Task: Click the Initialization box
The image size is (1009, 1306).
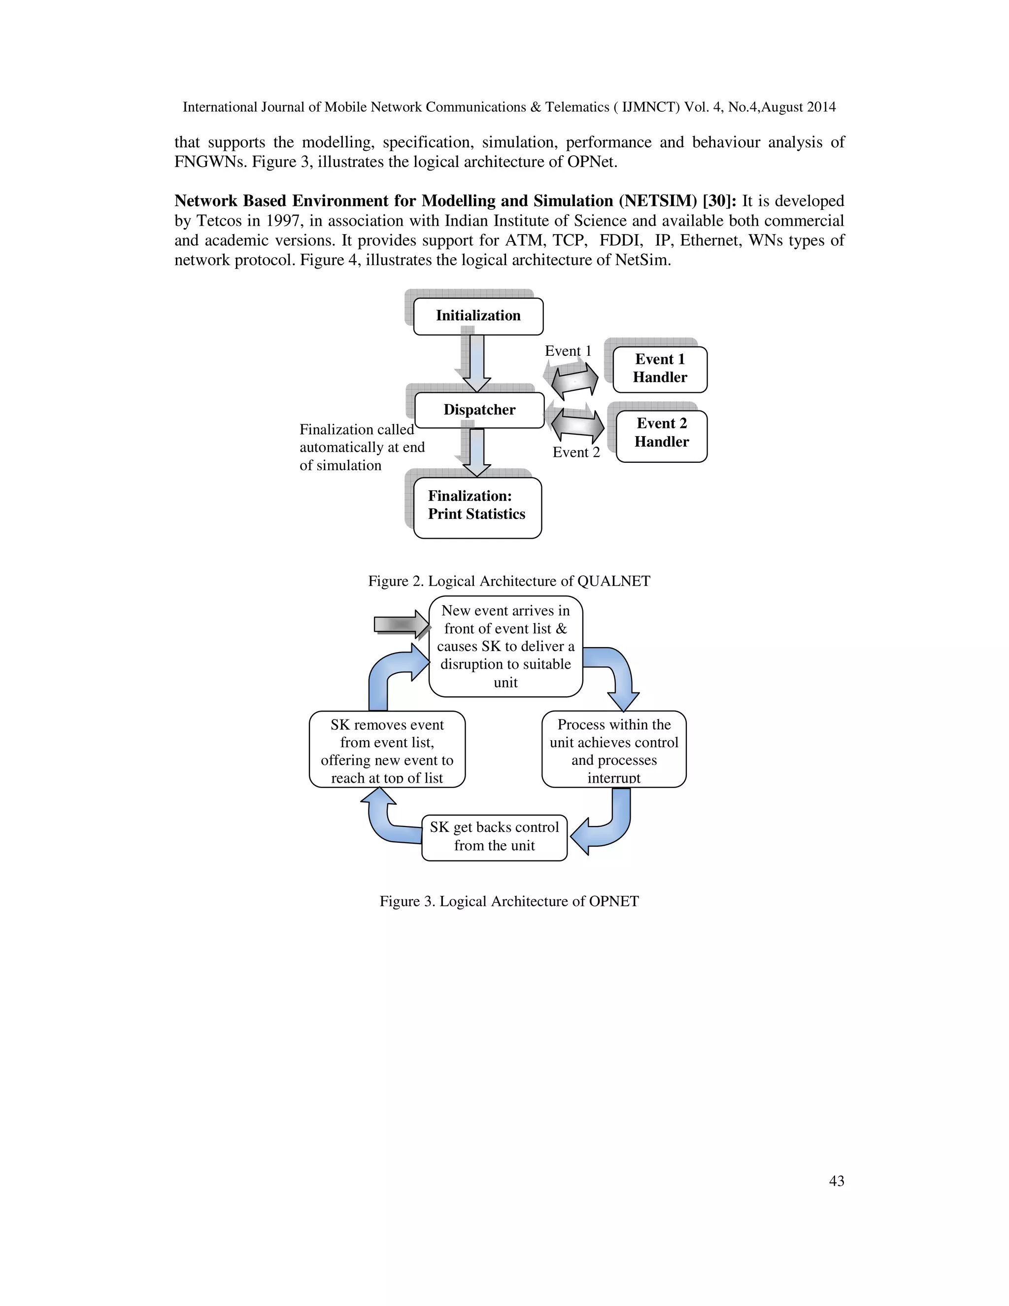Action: point(478,316)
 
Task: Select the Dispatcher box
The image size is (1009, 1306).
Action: point(479,410)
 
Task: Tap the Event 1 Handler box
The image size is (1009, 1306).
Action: point(660,369)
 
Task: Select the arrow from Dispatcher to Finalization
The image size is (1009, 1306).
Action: point(476,452)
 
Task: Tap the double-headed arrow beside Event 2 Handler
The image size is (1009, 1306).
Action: point(577,424)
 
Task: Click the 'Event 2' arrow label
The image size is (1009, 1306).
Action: point(575,453)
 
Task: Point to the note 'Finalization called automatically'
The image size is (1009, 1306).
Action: point(361,447)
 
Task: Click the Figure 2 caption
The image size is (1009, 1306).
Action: point(508,581)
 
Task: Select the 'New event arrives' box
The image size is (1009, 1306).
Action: point(505,647)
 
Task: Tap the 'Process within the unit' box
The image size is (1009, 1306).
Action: point(614,750)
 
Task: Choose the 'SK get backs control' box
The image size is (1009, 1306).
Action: point(494,837)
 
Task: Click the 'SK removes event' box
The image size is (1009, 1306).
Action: point(387,750)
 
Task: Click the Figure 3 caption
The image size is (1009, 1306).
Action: point(508,901)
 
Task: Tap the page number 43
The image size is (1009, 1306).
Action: point(836,1181)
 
